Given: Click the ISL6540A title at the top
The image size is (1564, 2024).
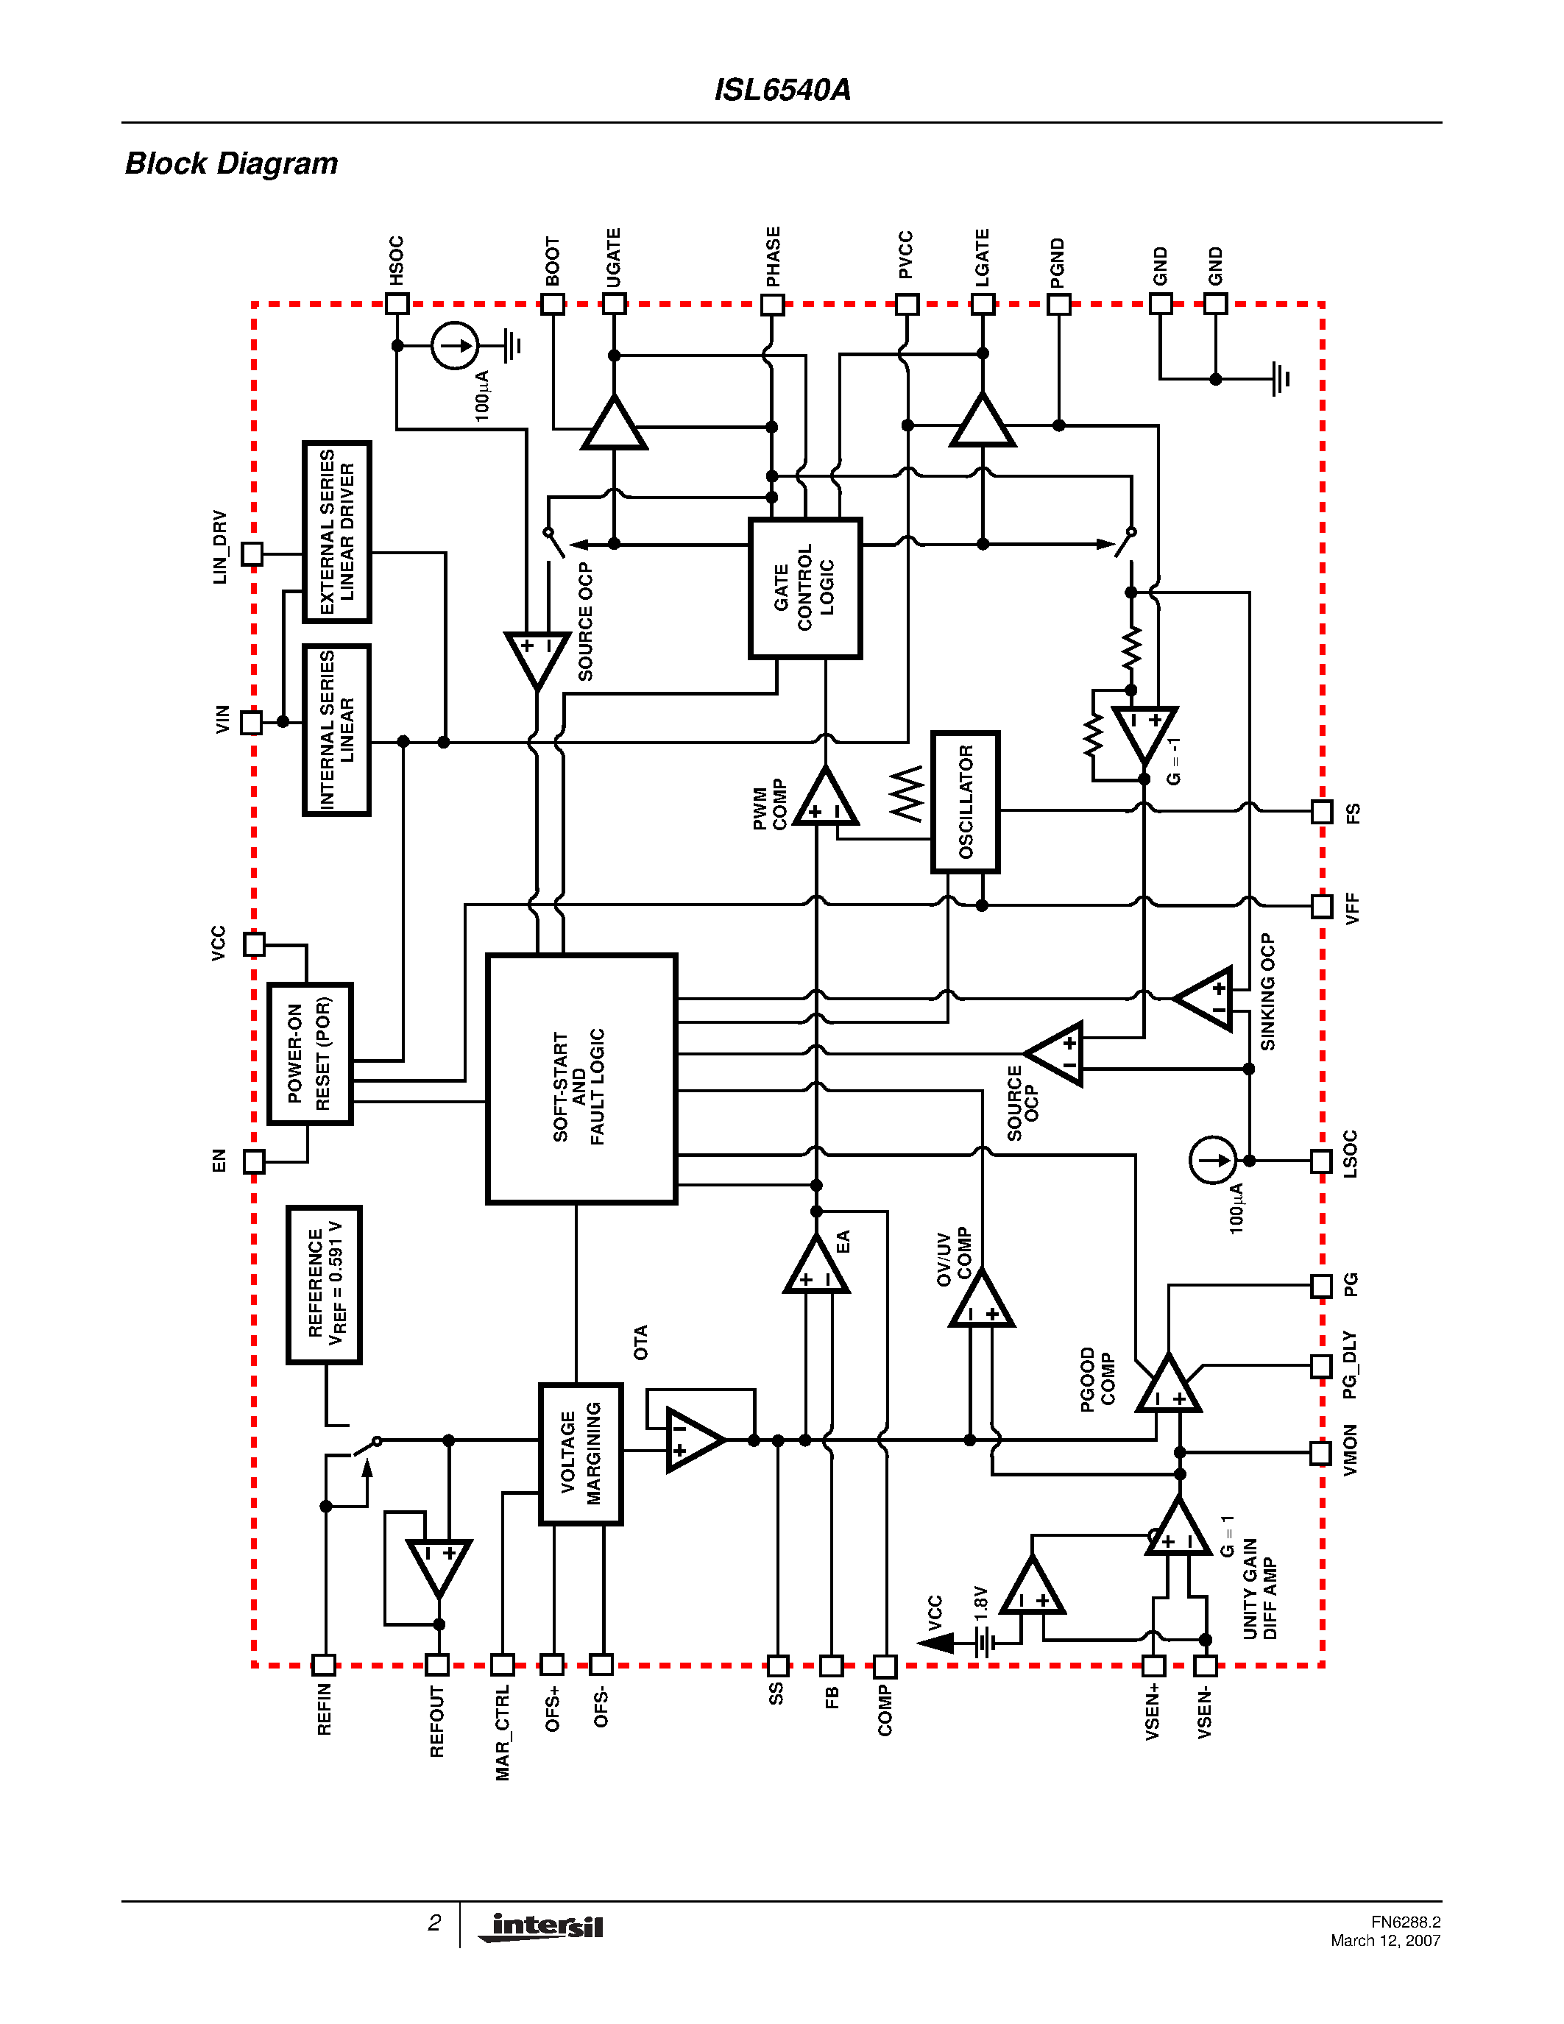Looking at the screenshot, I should [x=782, y=90].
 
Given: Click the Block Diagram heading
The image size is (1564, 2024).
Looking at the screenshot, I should [x=232, y=163].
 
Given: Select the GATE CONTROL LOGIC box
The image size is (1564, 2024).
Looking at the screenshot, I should [x=804, y=587].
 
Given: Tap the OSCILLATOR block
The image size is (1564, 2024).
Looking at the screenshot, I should [x=965, y=802].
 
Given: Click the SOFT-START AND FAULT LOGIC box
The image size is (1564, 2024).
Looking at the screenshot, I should [x=581, y=1079].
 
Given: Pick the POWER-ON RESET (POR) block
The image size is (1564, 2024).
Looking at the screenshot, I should [x=309, y=1054].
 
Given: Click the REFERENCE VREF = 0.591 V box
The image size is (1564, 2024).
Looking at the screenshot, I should [x=323, y=1284].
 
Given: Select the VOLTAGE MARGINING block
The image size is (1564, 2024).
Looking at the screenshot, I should [x=580, y=1453].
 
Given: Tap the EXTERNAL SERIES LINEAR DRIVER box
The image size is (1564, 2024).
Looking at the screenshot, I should [x=336, y=532].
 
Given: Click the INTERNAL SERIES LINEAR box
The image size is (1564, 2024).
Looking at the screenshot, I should [x=336, y=730].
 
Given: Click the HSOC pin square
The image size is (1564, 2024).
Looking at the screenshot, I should [x=397, y=303].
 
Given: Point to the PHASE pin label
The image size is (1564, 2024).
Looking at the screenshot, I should [x=773, y=257].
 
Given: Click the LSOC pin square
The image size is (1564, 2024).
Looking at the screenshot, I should [x=1321, y=1160].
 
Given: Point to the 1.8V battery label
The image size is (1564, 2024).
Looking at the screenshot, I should [x=980, y=1602].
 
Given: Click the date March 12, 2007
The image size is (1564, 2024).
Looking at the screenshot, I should [x=1385, y=1941].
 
